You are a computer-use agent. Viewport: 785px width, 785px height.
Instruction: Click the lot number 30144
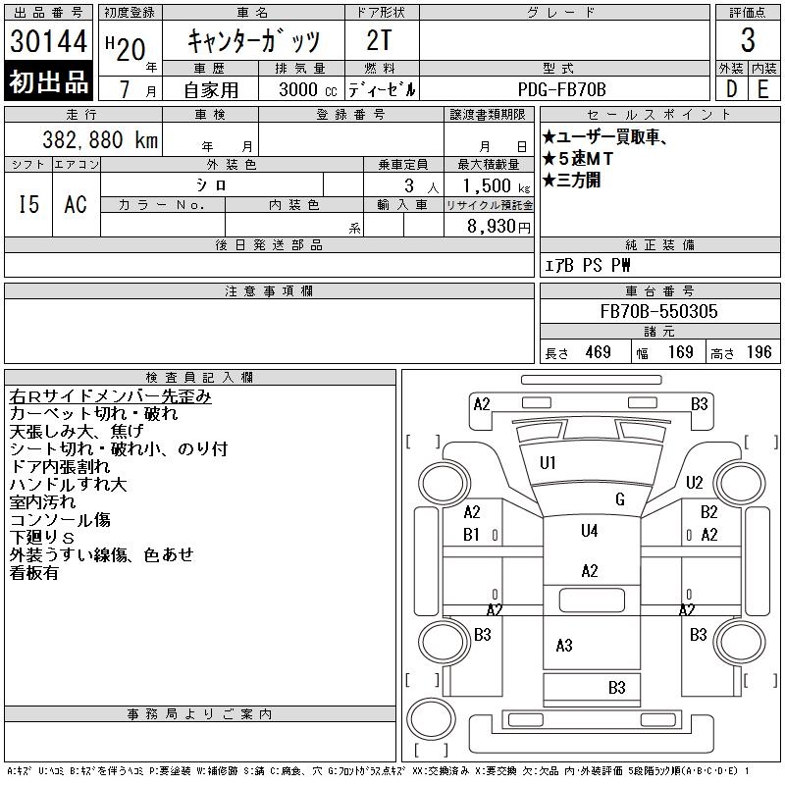[48, 42]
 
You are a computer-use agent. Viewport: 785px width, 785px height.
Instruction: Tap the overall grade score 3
[748, 42]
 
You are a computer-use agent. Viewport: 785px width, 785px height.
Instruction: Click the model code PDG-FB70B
[563, 89]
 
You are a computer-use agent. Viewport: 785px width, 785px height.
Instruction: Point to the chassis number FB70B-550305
[658, 312]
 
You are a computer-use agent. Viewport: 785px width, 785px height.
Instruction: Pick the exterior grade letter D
[731, 89]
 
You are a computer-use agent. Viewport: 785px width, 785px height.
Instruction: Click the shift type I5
[28, 204]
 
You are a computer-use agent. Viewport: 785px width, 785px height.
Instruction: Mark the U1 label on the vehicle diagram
[548, 462]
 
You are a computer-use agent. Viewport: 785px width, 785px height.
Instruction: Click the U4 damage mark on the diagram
[589, 531]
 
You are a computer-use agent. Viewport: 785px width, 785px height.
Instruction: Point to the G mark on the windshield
[619, 499]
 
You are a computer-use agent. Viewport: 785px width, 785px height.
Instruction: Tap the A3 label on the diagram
[564, 645]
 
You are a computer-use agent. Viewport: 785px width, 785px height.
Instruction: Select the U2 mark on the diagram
[695, 482]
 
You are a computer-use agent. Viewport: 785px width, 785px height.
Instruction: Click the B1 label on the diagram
[472, 535]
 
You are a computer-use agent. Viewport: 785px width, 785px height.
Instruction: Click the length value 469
[598, 352]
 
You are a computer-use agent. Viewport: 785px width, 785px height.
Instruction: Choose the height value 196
[759, 352]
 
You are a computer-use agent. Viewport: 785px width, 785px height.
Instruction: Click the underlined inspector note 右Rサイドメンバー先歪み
[110, 396]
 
